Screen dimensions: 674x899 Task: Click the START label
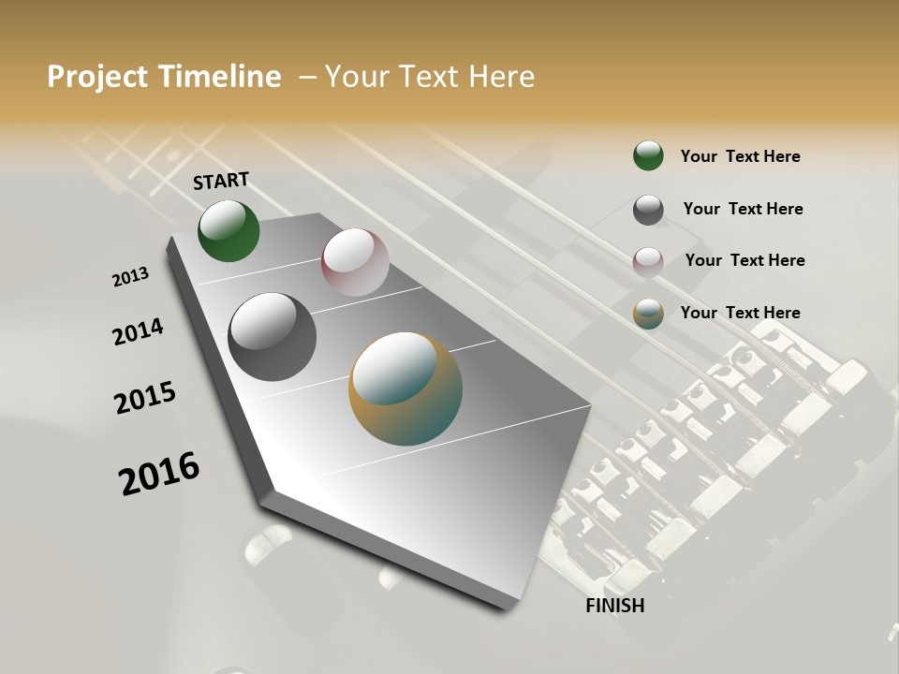tap(221, 181)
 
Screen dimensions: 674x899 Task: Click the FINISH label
tap(615, 606)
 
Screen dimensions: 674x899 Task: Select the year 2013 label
tap(130, 277)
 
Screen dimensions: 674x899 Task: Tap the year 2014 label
tap(138, 332)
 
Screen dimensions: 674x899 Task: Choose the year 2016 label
tap(159, 474)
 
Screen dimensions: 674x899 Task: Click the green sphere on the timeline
tap(228, 231)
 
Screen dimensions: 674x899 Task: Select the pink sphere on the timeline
tap(355, 262)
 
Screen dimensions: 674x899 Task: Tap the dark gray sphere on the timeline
tap(273, 337)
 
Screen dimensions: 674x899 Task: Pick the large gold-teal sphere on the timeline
tap(405, 388)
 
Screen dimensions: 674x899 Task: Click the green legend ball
tap(648, 155)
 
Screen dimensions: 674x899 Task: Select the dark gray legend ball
tap(648, 210)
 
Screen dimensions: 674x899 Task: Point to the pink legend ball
tap(648, 262)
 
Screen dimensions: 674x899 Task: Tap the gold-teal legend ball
tap(648, 314)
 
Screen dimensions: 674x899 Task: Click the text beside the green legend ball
tap(740, 156)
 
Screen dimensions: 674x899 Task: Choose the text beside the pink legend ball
tap(744, 260)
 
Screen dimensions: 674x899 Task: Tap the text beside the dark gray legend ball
tap(743, 209)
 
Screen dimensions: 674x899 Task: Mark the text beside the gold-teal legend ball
tap(740, 313)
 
